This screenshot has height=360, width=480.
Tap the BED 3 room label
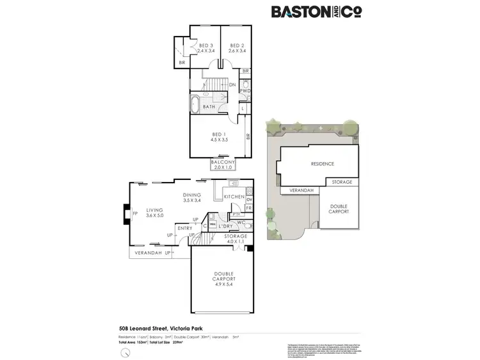pos(205,45)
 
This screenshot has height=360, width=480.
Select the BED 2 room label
pos(236,45)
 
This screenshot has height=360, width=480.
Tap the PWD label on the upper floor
pos(245,92)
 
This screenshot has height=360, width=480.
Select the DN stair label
pos(232,84)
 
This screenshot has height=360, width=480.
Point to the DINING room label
pos(192,195)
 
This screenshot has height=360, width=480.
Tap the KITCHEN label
pos(234,196)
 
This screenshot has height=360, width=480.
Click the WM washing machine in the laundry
pos(212,224)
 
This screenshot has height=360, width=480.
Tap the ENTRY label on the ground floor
pos(184,228)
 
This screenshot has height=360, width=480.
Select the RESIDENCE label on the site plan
pos(323,164)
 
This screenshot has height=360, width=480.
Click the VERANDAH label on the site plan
pos(301,190)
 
